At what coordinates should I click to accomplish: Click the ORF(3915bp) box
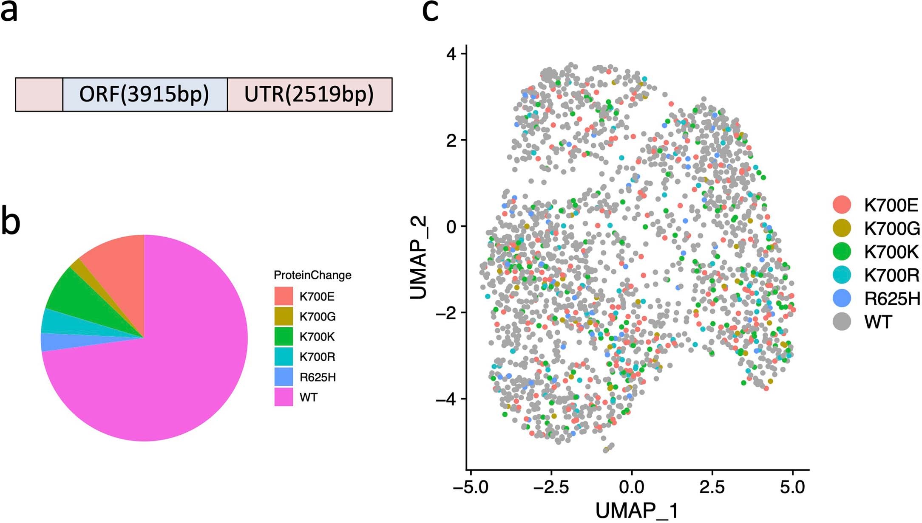(145, 94)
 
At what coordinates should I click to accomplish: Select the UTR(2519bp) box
(309, 94)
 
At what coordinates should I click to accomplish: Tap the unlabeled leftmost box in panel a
(39, 94)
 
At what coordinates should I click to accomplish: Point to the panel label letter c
(430, 10)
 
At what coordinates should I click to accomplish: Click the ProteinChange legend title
(312, 275)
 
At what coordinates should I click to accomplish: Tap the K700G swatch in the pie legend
(284, 316)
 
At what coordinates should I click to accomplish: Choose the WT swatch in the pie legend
(284, 397)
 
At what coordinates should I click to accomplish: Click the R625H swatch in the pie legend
(284, 377)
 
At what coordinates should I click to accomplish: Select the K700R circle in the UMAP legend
(841, 276)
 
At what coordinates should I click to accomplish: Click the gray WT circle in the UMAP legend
(841, 322)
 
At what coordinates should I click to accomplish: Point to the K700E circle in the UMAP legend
(841, 205)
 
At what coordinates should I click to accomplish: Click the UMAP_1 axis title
(636, 511)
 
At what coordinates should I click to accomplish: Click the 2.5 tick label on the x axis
(712, 487)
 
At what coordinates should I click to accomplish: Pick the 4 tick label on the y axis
(451, 54)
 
